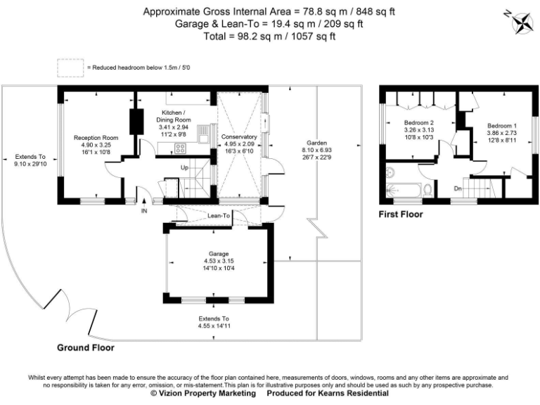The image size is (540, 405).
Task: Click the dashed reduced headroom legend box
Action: [x=70, y=67]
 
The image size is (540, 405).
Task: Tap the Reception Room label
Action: [x=95, y=138]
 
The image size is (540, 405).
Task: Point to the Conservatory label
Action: [x=239, y=137]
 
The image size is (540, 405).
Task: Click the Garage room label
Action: [x=214, y=253]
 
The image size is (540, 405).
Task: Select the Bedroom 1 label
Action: [x=502, y=125]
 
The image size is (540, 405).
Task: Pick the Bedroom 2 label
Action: [x=418, y=122]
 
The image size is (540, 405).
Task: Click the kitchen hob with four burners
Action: [x=179, y=148]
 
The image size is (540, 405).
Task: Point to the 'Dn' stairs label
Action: [x=458, y=188]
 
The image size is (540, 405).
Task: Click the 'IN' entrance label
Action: [x=144, y=210]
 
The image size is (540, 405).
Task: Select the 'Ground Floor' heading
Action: [x=86, y=347]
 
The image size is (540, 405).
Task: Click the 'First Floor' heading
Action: [x=401, y=214]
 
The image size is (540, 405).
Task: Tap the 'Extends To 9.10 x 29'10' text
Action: [x=30, y=160]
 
